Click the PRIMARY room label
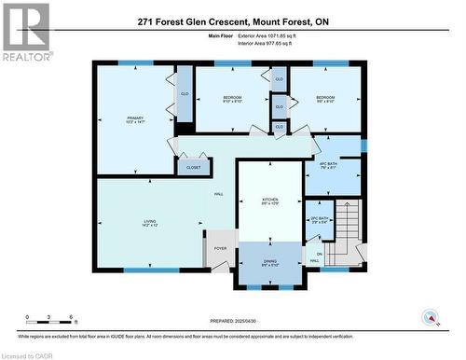point(136,118)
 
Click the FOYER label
point(220,248)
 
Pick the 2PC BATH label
point(319,220)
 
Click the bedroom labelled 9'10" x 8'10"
point(232,100)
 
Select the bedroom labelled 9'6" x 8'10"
point(325,100)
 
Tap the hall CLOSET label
point(193,167)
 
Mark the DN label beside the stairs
point(320,255)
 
